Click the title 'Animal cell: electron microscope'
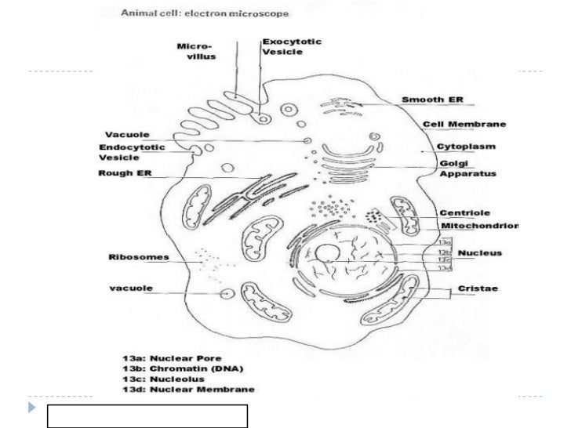205,13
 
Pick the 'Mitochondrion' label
476,226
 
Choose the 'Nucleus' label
480,253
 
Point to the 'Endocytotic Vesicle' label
132,152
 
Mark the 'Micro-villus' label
195,51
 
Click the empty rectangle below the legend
147,416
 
